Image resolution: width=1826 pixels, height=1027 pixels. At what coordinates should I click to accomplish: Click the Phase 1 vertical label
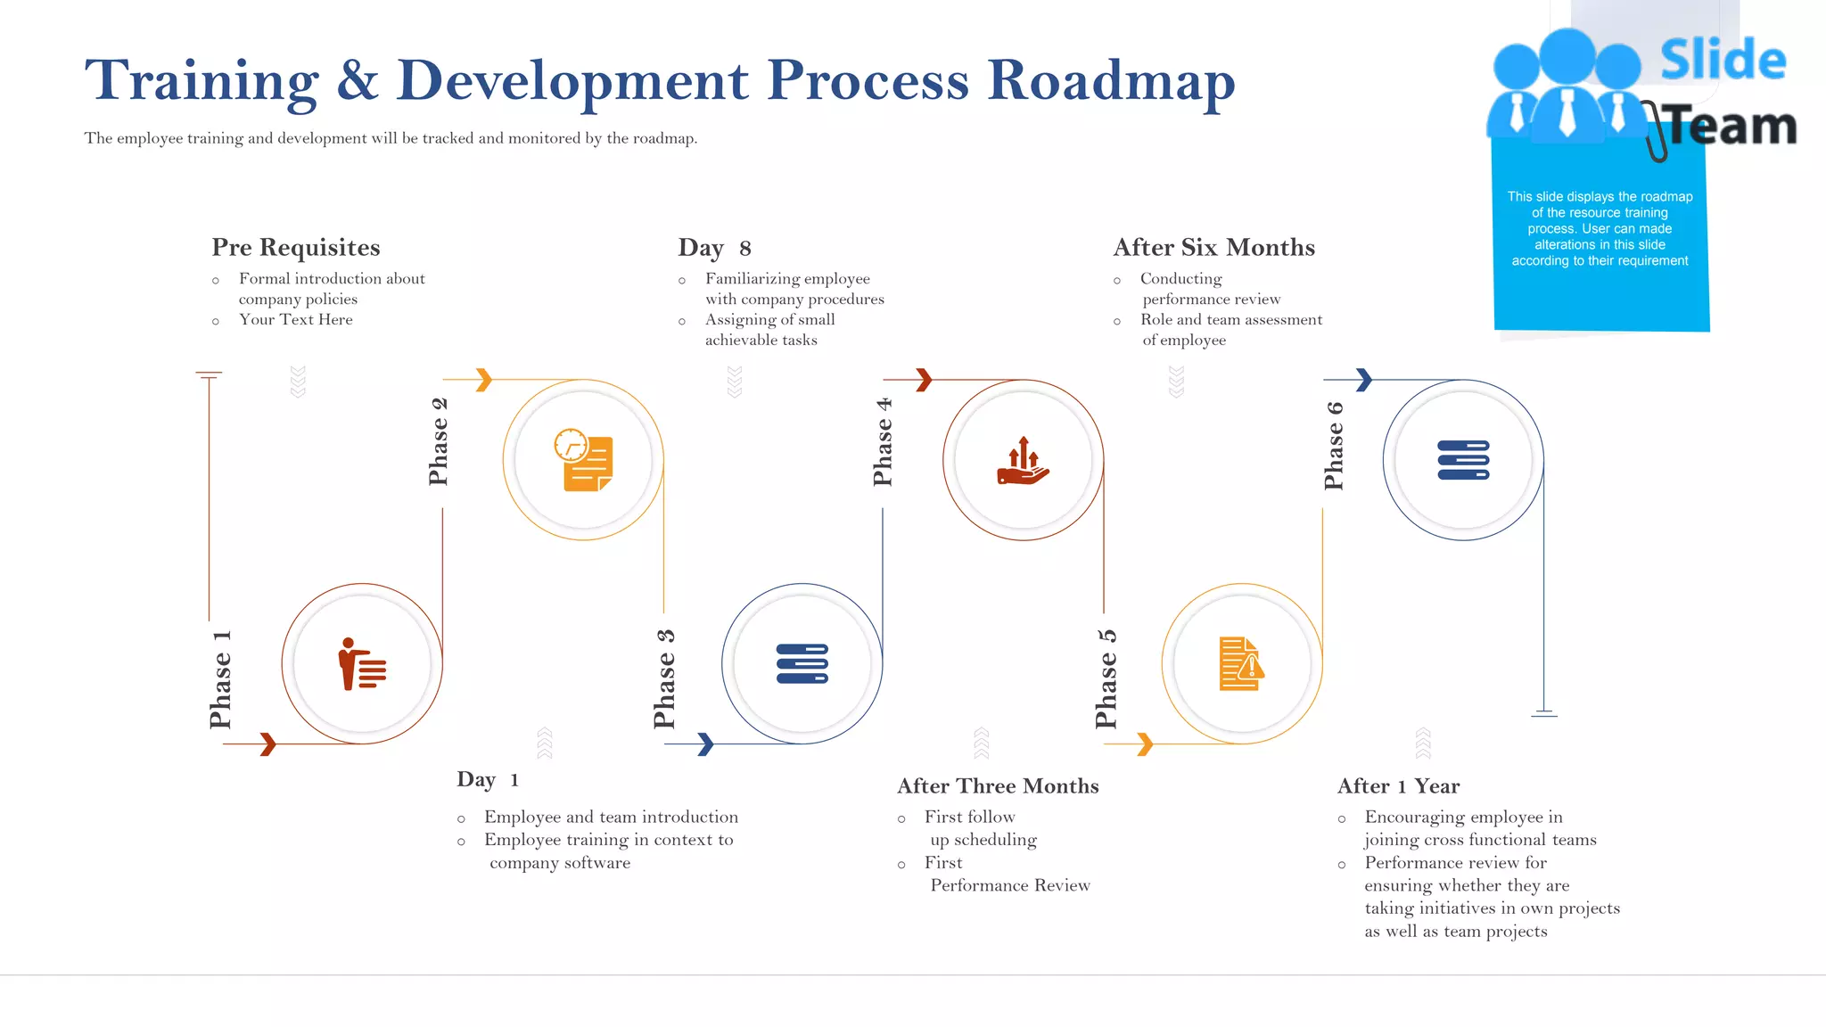pos(220,679)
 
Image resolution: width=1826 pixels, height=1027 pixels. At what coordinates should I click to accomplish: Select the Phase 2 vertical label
pos(438,441)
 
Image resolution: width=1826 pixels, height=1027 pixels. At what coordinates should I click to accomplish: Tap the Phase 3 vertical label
pos(664,678)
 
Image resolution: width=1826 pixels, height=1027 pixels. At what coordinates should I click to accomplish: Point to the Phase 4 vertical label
pos(882,442)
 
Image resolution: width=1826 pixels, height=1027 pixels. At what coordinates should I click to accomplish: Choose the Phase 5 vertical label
pos(1106,678)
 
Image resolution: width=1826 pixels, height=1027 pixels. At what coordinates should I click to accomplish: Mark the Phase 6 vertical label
pos(1334,445)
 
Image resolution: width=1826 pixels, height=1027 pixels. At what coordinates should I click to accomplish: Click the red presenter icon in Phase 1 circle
pos(362,664)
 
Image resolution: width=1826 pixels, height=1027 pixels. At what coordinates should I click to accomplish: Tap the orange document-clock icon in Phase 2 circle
pos(583,460)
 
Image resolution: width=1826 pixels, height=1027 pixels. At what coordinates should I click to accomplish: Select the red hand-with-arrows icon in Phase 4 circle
pos(1023,461)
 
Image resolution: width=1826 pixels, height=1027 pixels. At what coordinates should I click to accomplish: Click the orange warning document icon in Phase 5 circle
pos(1241,664)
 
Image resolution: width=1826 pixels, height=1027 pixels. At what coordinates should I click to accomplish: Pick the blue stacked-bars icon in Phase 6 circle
pos(1463,460)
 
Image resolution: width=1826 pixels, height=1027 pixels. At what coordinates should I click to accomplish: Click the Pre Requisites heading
pos(296,247)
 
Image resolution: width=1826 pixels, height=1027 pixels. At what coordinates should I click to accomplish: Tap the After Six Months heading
pos(1213,247)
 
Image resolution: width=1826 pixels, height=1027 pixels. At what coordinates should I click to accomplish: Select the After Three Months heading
pos(998,785)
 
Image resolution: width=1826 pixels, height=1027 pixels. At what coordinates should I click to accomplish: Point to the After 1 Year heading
pos(1398,785)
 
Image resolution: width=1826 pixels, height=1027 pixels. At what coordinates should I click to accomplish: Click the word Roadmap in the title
pos(1111,80)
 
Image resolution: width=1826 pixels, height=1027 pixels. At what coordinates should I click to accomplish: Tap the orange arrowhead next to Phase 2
pos(483,380)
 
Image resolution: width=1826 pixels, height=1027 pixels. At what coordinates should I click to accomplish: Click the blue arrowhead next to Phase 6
pos(1363,380)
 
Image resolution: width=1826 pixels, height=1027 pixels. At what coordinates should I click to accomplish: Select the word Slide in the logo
pos(1723,61)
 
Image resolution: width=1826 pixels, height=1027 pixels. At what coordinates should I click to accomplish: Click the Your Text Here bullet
pos(295,319)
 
